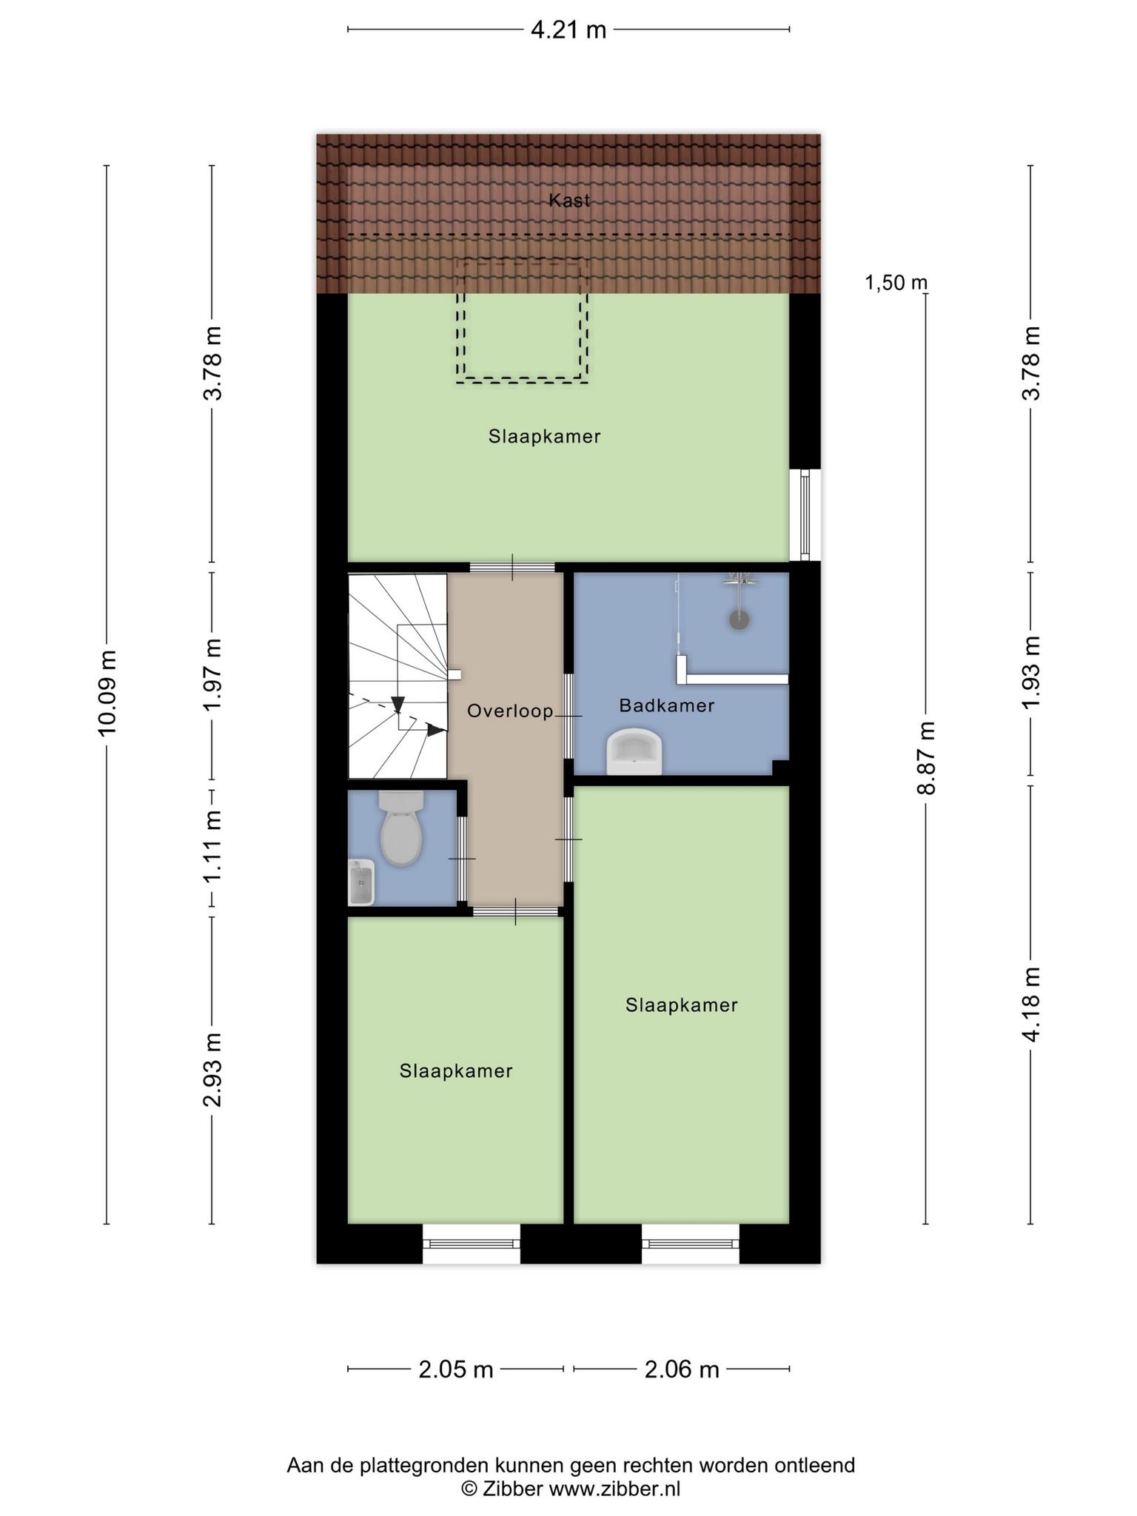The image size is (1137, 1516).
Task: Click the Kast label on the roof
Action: [x=569, y=200]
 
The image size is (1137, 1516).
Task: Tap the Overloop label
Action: [x=510, y=711]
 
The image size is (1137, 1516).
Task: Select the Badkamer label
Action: [x=667, y=705]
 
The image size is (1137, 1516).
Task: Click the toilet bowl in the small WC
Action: [x=401, y=829]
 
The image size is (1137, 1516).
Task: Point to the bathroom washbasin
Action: [x=634, y=752]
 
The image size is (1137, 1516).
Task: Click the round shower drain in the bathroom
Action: [x=739, y=620]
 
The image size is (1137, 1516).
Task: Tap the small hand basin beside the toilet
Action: [x=361, y=882]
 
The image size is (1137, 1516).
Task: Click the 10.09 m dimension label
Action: [x=107, y=693]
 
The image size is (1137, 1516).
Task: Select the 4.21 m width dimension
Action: [x=568, y=30]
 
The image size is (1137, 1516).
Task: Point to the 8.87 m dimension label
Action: [x=927, y=758]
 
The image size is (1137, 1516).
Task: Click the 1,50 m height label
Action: [x=896, y=282]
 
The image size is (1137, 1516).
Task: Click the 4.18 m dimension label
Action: [x=1031, y=1004]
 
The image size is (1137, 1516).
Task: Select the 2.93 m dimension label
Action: [x=213, y=1069]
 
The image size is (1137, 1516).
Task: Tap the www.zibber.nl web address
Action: [x=614, y=1489]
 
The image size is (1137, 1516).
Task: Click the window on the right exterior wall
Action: [x=805, y=514]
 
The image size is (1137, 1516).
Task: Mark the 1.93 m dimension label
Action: [x=1031, y=672]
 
